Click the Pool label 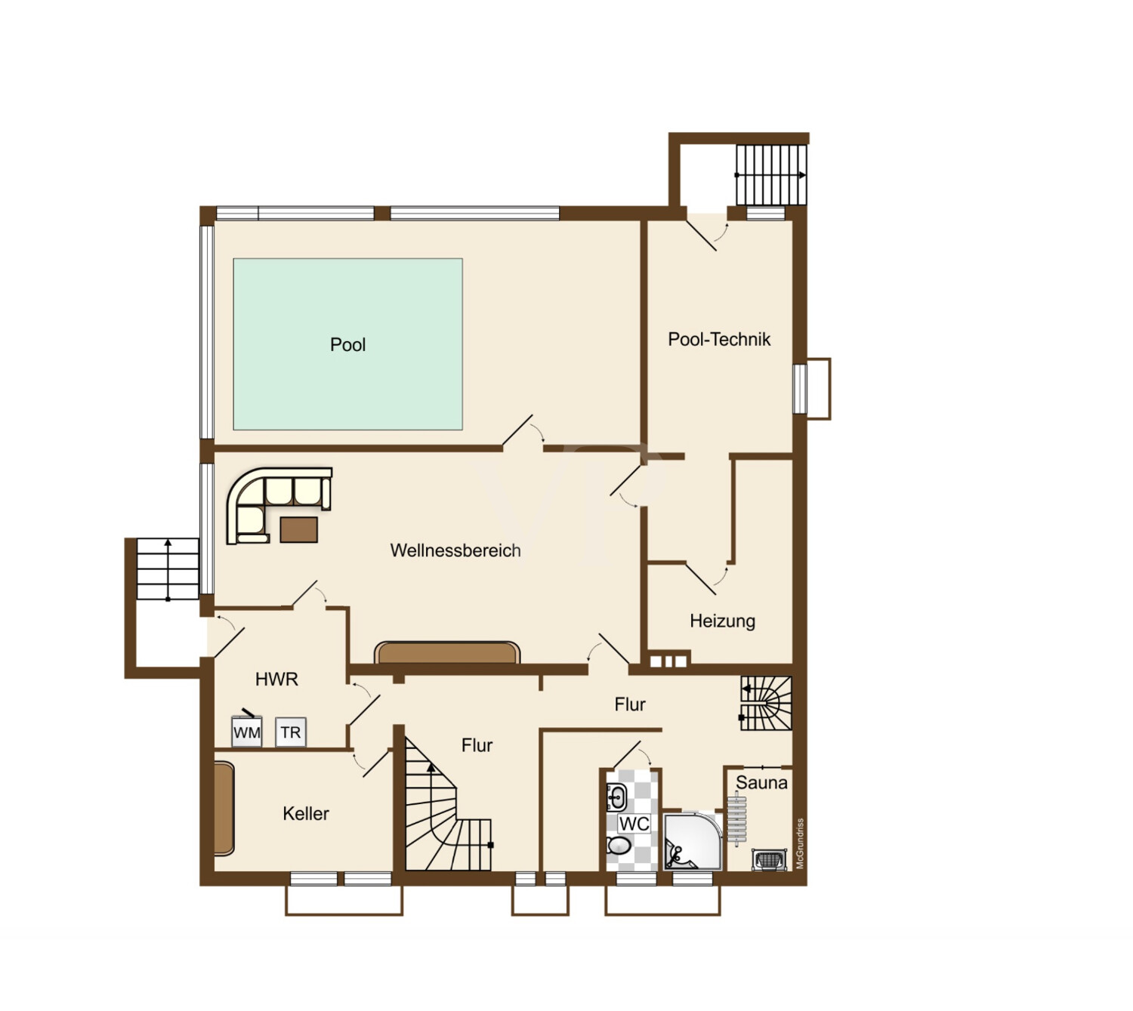point(347,344)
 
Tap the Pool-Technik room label point(718,339)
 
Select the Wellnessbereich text point(455,550)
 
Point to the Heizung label point(722,621)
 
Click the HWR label point(276,679)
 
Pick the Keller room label point(305,813)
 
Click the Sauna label point(761,782)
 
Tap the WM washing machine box point(247,732)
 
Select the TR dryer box point(290,732)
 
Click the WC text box point(634,823)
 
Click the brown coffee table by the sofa point(298,529)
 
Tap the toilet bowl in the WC point(619,845)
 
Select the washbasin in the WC point(616,797)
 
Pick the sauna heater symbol point(770,859)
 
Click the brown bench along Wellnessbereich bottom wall point(447,652)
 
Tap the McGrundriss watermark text point(800,844)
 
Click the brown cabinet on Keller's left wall point(224,808)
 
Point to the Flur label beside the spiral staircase point(477,745)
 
